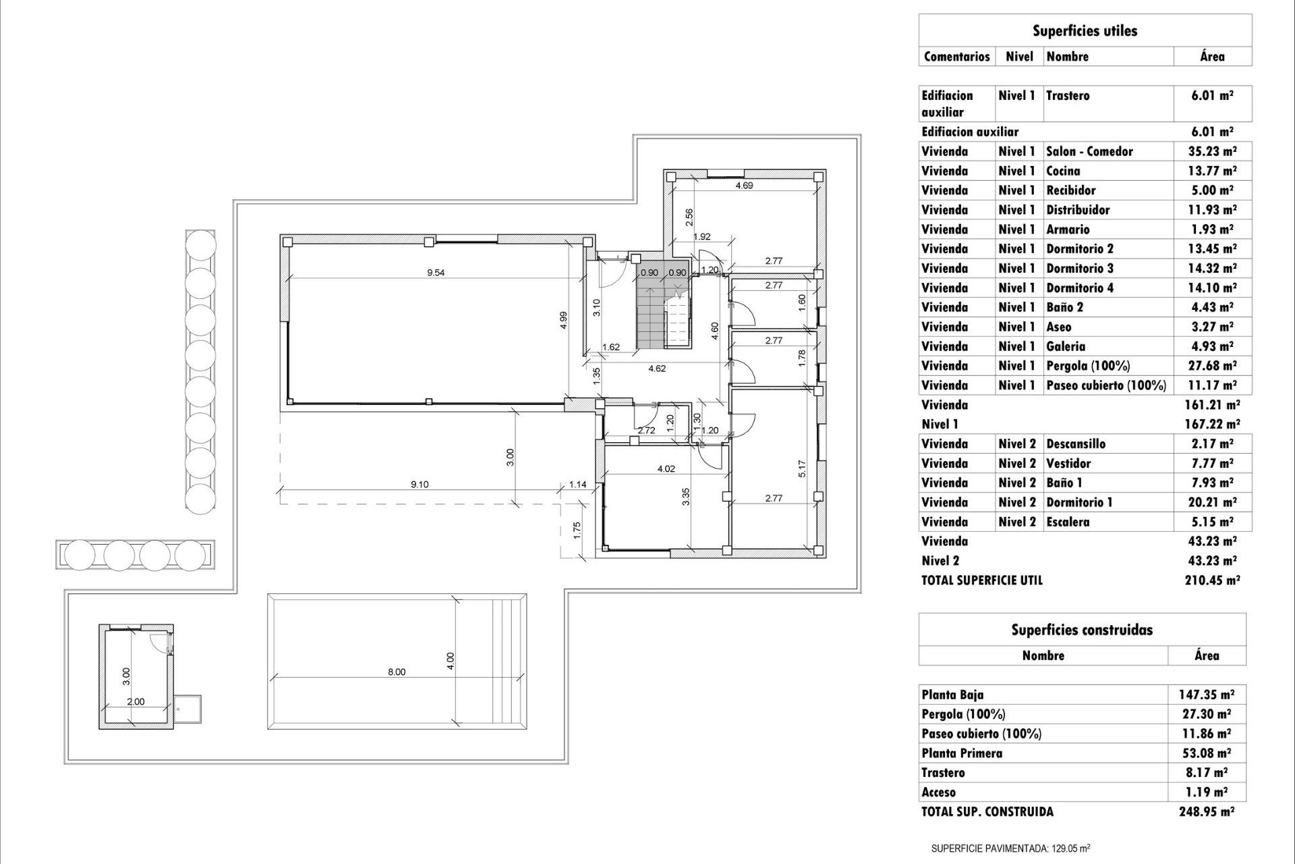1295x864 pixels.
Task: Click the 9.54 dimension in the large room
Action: [x=436, y=273]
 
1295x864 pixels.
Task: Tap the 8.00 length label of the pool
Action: [x=397, y=672]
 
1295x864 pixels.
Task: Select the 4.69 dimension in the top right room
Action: [x=744, y=186]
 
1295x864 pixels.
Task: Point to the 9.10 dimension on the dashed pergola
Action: [x=420, y=484]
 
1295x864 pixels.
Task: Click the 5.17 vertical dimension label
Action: [x=801, y=469]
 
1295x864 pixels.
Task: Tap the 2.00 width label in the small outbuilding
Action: [x=136, y=701]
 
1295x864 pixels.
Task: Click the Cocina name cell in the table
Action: [x=1063, y=171]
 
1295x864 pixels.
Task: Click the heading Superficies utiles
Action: [x=1085, y=31]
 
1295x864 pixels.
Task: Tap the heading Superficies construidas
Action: [x=1082, y=630]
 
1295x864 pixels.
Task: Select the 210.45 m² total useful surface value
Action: [x=1212, y=580]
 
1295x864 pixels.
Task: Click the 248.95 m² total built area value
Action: [x=1207, y=812]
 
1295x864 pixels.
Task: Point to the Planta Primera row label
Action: [x=962, y=753]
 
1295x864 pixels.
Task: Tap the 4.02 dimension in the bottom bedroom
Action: [x=666, y=468]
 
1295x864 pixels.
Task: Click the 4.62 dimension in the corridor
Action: [x=657, y=369]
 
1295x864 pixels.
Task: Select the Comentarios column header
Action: [x=956, y=57]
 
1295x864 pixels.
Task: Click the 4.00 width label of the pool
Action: [x=451, y=660]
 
